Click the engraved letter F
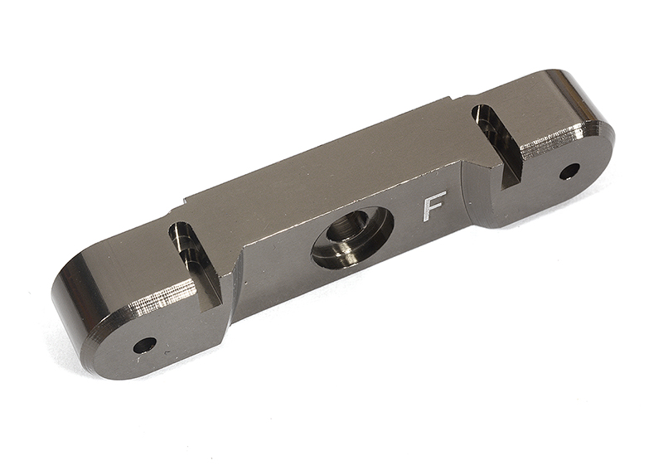(434, 206)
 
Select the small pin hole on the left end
(144, 345)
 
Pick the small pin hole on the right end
(569, 172)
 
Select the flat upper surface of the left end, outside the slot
(124, 257)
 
